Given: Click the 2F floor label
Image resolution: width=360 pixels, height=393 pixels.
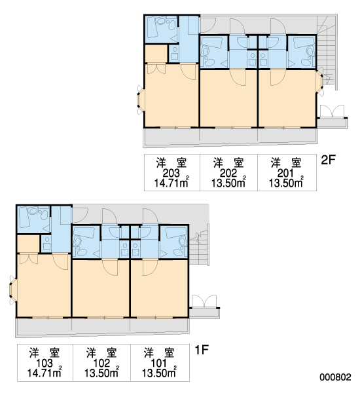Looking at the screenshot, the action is click(x=328, y=160).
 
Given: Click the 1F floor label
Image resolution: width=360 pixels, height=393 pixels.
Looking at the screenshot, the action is click(x=202, y=350).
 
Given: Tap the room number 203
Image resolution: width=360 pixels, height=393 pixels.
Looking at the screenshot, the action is click(x=171, y=173).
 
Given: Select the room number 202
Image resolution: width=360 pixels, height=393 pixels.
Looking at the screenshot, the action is click(x=228, y=173).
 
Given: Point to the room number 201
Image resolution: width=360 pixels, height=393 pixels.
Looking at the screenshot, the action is click(x=285, y=173).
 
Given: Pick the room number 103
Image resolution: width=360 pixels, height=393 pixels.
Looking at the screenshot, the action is click(x=45, y=363).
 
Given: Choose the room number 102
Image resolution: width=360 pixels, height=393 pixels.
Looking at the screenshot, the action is click(x=101, y=363).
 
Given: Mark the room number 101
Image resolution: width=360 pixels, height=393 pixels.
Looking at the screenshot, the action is click(x=159, y=363).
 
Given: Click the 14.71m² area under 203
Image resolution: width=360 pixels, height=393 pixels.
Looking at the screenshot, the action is click(x=171, y=183).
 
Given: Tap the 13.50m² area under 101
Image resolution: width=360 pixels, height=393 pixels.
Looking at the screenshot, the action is click(x=159, y=373).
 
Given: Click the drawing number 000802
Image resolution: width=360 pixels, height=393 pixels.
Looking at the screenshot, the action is click(x=335, y=377).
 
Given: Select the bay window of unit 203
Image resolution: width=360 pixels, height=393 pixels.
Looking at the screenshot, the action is click(x=140, y=100).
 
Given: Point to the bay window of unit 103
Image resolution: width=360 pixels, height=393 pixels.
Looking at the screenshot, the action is click(x=12, y=290).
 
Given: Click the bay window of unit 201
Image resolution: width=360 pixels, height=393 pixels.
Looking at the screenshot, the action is click(x=320, y=82).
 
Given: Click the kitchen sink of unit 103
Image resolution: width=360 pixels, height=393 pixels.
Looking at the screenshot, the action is click(x=46, y=243).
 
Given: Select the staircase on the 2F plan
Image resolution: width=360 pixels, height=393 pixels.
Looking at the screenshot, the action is click(x=327, y=52).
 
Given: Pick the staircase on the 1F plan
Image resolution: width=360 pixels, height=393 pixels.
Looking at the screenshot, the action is click(x=199, y=248).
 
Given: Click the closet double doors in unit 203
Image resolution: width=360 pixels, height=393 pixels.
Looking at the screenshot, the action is click(x=156, y=69).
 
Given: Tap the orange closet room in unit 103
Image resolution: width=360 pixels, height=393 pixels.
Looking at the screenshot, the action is click(x=28, y=244).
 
